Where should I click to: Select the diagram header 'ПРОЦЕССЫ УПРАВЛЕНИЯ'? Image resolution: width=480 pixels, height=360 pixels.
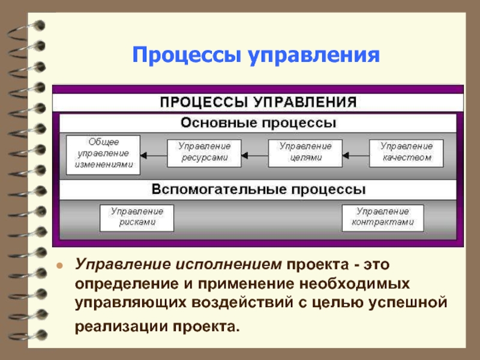point(258,101)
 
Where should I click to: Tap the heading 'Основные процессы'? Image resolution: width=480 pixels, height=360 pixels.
point(259,123)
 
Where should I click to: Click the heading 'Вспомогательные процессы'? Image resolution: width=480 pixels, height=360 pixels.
point(259,190)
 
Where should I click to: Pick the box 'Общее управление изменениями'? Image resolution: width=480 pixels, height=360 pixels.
point(103,152)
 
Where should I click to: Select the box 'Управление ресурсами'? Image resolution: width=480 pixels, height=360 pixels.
point(203,152)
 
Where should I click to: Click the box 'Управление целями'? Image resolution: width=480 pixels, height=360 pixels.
point(305,152)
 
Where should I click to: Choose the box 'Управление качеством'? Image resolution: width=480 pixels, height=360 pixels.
point(406,152)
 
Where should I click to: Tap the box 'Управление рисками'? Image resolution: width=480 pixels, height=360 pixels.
point(136,217)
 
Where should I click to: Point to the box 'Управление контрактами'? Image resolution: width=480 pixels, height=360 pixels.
point(382,217)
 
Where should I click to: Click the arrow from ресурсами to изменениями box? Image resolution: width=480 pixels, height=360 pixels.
point(152,155)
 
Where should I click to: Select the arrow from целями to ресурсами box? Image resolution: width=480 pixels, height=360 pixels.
point(254,155)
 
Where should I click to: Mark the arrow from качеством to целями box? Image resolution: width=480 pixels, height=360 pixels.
point(355,155)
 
